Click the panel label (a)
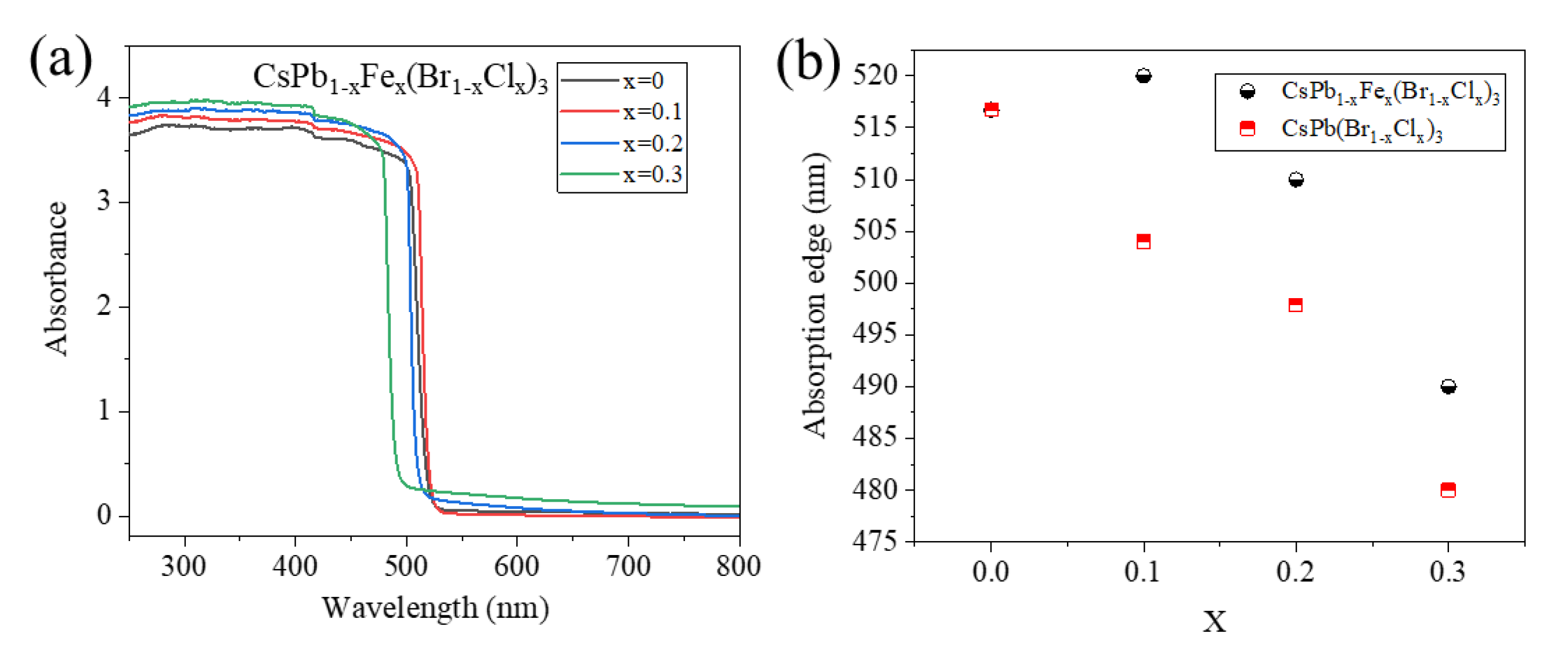60,61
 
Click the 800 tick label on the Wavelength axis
738,567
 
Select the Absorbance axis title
56,278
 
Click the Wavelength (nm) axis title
435,608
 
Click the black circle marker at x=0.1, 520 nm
1143,76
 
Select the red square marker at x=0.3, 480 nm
1448,489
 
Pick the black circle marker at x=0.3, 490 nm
1448,386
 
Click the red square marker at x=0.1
1143,242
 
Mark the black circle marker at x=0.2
1296,180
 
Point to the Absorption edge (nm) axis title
815,295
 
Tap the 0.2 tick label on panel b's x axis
1295,571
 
